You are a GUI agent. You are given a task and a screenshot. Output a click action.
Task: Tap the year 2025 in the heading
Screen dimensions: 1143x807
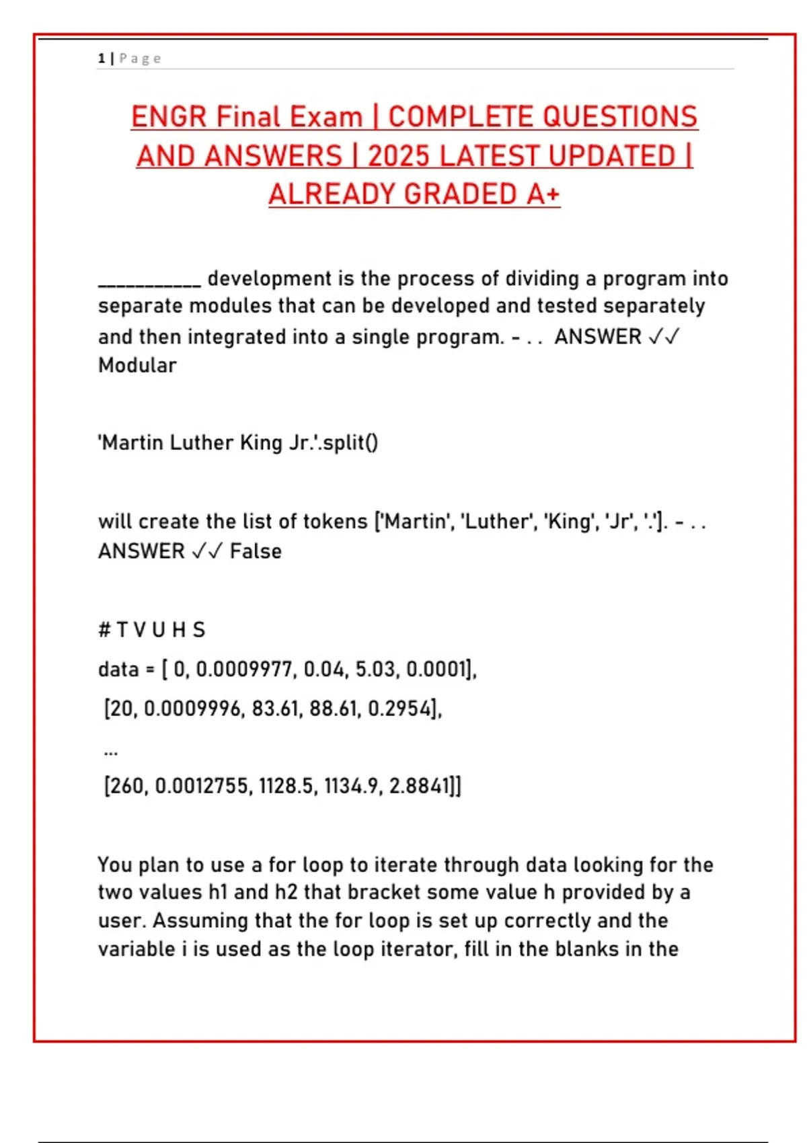[x=398, y=156]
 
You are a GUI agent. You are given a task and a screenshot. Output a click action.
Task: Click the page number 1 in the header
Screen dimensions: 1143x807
[x=102, y=58]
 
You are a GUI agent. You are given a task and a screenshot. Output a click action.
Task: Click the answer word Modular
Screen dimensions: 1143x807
[x=137, y=365]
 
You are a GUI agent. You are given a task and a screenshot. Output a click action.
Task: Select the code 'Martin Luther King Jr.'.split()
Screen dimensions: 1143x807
[x=238, y=442]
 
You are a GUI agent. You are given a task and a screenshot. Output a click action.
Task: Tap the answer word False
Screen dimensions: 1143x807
[x=256, y=551]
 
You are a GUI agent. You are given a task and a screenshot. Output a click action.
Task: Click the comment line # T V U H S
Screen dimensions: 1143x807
[x=151, y=630]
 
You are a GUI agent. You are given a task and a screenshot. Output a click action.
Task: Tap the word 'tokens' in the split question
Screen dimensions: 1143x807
[x=335, y=522]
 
